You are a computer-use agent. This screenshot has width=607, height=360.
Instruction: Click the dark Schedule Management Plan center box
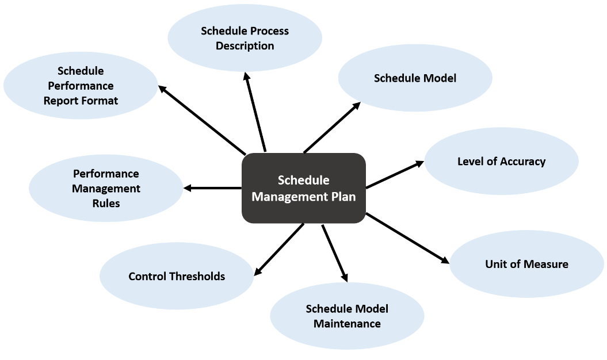[304, 188]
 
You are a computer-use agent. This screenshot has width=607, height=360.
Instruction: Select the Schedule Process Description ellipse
[245, 38]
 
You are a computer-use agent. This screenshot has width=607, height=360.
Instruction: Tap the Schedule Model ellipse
[415, 78]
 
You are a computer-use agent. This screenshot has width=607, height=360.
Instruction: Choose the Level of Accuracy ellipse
[501, 162]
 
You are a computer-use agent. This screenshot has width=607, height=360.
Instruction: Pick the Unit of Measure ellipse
[526, 264]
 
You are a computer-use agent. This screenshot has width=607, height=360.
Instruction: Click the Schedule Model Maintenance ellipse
[347, 316]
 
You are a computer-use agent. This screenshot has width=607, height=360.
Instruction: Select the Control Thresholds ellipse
[177, 277]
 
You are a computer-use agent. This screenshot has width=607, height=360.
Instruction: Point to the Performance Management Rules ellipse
[106, 188]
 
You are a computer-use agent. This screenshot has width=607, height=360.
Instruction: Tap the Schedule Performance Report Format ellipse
[81, 86]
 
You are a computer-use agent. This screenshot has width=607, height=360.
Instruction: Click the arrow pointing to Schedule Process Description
[255, 113]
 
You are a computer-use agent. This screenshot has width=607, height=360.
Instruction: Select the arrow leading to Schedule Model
[332, 128]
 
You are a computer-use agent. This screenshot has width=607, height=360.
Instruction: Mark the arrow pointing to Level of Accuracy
[395, 174]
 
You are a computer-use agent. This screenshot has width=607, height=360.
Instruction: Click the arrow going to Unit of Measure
[407, 238]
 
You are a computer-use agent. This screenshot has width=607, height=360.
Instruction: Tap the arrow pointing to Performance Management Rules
[212, 188]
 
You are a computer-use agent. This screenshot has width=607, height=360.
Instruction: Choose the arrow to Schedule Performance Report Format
[202, 120]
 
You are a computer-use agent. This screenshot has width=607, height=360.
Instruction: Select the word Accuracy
[523, 162]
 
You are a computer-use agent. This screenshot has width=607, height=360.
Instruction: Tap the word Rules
[106, 203]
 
